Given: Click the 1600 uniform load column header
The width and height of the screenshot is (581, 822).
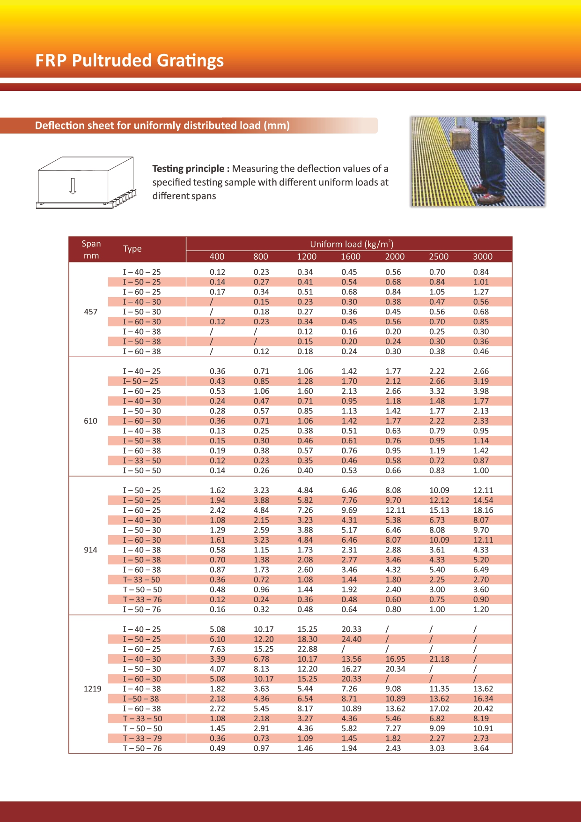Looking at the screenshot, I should pos(350,256).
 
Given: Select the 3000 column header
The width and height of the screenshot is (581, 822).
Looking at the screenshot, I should pos(482,256).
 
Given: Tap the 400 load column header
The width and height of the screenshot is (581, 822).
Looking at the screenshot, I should pos(217,256).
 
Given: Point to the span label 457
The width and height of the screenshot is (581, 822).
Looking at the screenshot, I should pos(90,312).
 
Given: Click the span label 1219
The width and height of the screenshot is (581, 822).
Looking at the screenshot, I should pos(92,688).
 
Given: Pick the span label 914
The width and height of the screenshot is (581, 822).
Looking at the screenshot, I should pos(90,550).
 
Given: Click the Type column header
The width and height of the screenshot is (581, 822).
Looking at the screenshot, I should pos(132,249).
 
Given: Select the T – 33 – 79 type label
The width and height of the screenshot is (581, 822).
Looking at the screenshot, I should pos(142,738).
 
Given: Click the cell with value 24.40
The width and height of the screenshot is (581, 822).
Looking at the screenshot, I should pos(351,639).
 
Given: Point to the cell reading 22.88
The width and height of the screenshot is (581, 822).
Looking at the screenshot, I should pos(307,649).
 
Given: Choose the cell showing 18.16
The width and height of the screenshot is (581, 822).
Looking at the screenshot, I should pos(483,510).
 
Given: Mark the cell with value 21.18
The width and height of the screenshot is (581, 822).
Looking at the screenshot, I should pos(439,659).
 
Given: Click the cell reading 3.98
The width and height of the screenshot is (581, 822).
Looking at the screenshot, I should pos(481,391).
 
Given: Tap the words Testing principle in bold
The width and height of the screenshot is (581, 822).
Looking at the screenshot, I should pos(188,169).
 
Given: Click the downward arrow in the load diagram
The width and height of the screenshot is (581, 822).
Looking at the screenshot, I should pos(73,186).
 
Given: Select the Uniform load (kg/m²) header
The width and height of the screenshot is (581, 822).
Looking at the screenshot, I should pos(351,244).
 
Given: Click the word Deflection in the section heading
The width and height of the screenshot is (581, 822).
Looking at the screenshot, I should pos(58,126).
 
